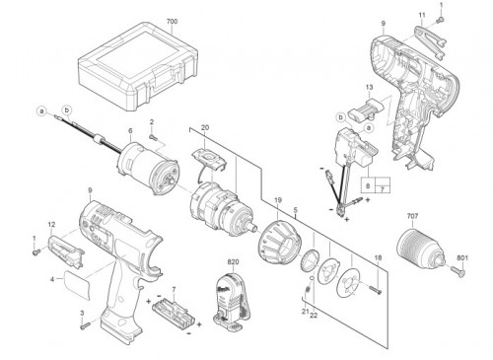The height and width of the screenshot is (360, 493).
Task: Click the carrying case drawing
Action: [138, 67]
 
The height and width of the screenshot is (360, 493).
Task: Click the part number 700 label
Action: [172, 22]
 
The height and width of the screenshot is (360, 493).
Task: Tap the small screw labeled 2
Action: [152, 136]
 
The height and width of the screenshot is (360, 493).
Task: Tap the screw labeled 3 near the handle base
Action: [85, 325]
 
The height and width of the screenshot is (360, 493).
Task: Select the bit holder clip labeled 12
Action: [66, 251]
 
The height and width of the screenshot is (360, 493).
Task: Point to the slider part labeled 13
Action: [367, 108]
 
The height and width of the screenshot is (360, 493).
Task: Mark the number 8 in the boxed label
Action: [368, 185]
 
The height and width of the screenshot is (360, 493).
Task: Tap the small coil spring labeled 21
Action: [308, 290]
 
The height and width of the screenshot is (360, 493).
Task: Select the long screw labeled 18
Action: [377, 290]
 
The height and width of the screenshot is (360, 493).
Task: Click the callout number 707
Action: [412, 216]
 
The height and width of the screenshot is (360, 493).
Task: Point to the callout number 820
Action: [233, 262]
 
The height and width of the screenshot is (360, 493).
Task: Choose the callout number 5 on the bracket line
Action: [296, 209]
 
